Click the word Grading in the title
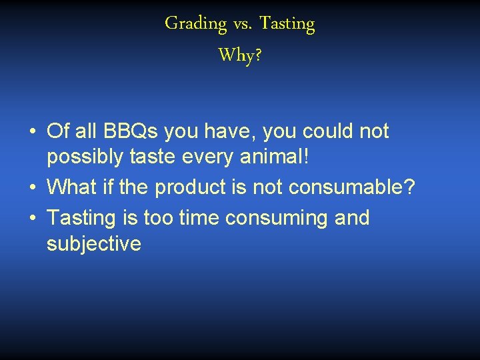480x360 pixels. point(196,24)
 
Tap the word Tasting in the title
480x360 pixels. point(287,24)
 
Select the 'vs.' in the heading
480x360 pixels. point(243,25)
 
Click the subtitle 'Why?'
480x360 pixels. point(240,55)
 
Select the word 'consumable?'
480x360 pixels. point(352,188)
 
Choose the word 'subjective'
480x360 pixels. point(94,245)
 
